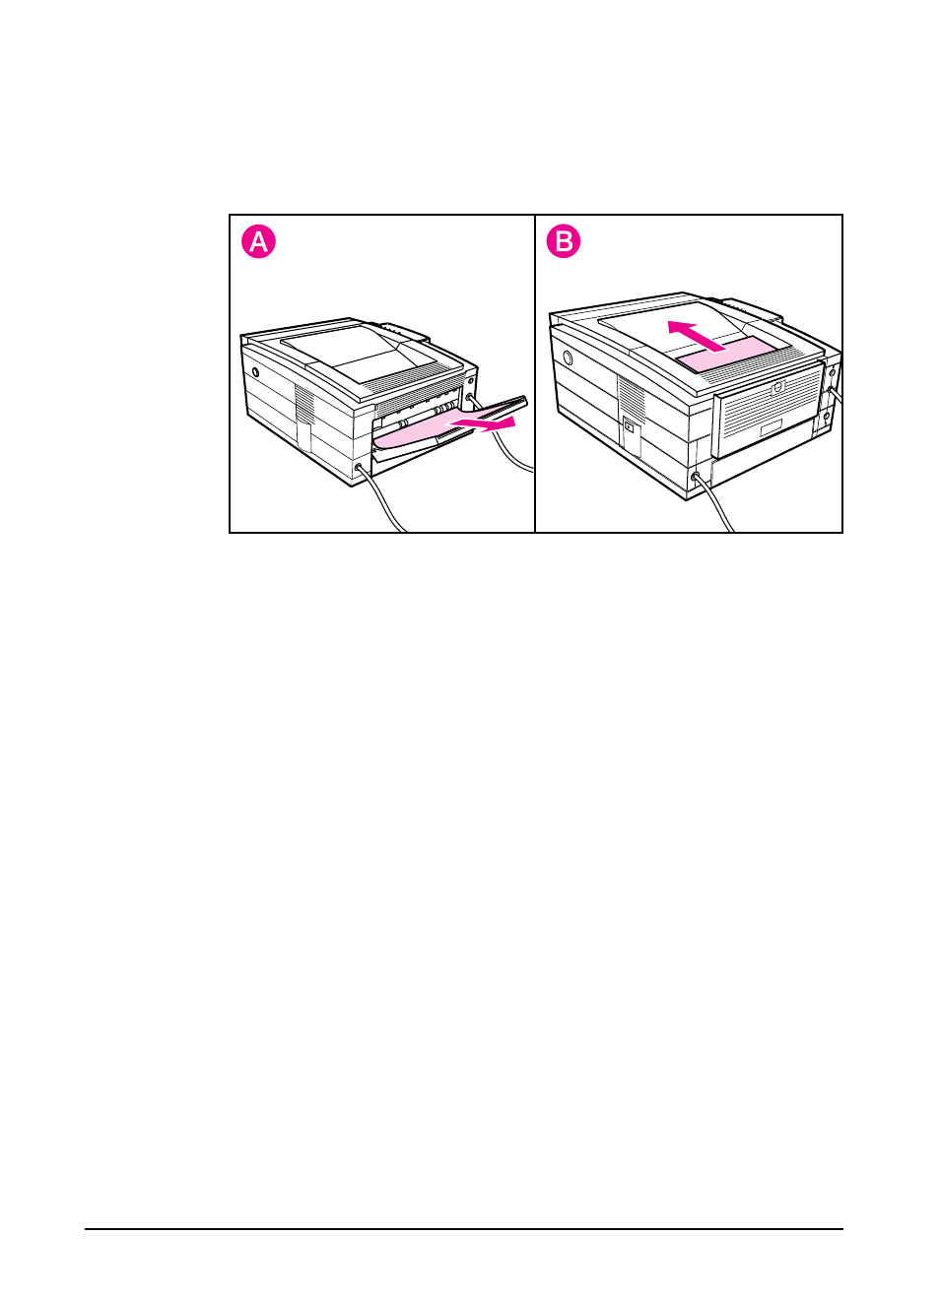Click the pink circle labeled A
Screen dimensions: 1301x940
(x=259, y=241)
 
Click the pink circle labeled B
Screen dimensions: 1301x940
(x=565, y=241)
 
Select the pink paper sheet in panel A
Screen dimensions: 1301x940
(x=414, y=432)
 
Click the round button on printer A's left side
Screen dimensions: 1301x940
(x=255, y=373)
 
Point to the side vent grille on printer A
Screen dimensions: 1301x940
(x=304, y=404)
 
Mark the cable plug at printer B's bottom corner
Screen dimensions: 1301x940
(x=697, y=477)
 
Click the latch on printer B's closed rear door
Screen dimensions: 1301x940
(x=777, y=387)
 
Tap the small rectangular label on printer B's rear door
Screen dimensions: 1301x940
(x=771, y=428)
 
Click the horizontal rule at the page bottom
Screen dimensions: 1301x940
(x=463, y=1228)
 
